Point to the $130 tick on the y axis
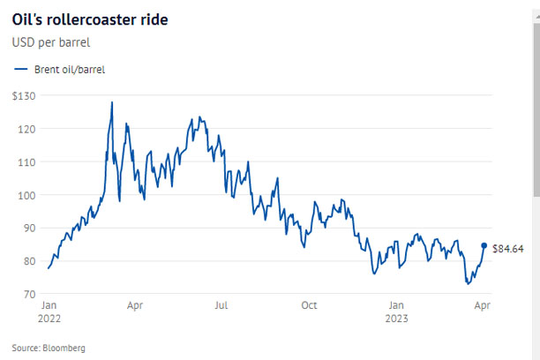tap(24, 95)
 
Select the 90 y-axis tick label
tap(29, 228)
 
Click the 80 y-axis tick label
tap(29, 261)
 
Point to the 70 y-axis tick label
tap(29, 294)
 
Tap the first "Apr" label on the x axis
tap(135, 305)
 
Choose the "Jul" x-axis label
tap(221, 305)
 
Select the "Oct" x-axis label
tap(309, 305)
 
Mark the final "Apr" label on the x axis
tap(483, 305)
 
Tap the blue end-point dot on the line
tap(484, 246)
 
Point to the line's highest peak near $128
tap(112, 102)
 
